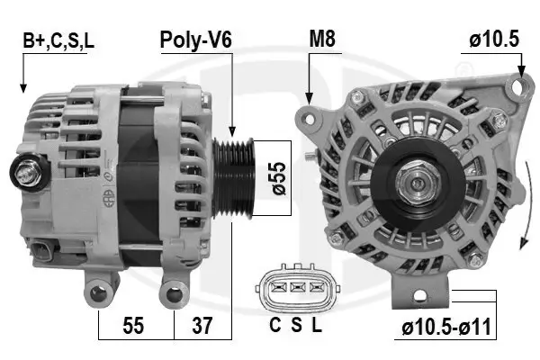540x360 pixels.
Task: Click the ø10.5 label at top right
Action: point(492,40)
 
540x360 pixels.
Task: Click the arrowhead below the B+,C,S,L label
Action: point(22,88)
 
